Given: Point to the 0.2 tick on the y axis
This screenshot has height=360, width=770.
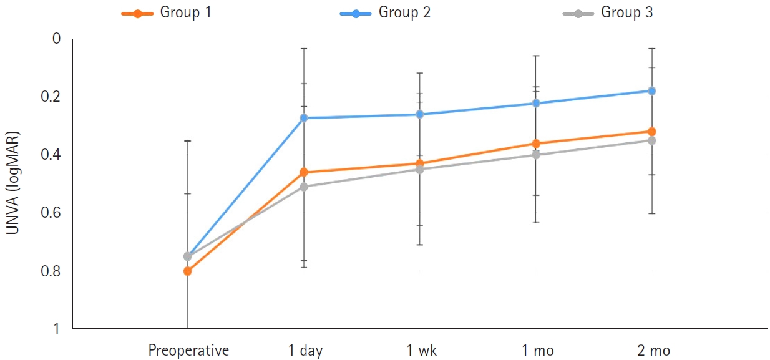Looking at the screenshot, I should (53, 97).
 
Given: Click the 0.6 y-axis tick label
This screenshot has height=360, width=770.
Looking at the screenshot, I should (53, 213).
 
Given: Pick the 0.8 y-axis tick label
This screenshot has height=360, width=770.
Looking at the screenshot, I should (53, 271).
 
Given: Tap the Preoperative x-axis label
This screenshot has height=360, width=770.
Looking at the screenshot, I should (188, 351).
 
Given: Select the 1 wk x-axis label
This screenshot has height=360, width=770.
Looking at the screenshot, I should (422, 351).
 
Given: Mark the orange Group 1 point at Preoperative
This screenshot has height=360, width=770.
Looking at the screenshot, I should (187, 271).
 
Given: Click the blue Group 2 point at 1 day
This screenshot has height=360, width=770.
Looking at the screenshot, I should (304, 118).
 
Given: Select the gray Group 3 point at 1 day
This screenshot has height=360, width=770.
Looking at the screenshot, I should (304, 187).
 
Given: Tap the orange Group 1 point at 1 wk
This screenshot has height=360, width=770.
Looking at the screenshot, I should (420, 163).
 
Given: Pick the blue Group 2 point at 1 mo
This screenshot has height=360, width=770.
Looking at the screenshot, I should (536, 103).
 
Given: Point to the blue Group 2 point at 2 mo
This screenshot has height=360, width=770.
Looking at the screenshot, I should (652, 90).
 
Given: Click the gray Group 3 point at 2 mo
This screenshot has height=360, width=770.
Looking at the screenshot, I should (652, 140).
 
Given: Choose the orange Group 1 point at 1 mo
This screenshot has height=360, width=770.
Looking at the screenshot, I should (536, 144).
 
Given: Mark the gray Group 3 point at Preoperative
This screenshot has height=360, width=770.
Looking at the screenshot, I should (187, 256).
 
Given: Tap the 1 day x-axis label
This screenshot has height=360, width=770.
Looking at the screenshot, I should (305, 351).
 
